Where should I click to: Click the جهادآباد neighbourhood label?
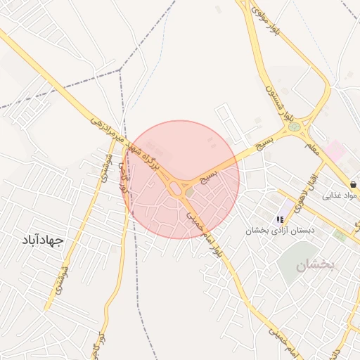(x=43, y=240)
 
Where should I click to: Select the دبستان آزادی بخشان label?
(x=281, y=230)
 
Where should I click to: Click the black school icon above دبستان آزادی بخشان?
(x=281, y=219)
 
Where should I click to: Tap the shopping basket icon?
(x=352, y=184)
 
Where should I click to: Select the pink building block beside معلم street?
(x=333, y=149)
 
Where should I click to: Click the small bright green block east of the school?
(x=340, y=235)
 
